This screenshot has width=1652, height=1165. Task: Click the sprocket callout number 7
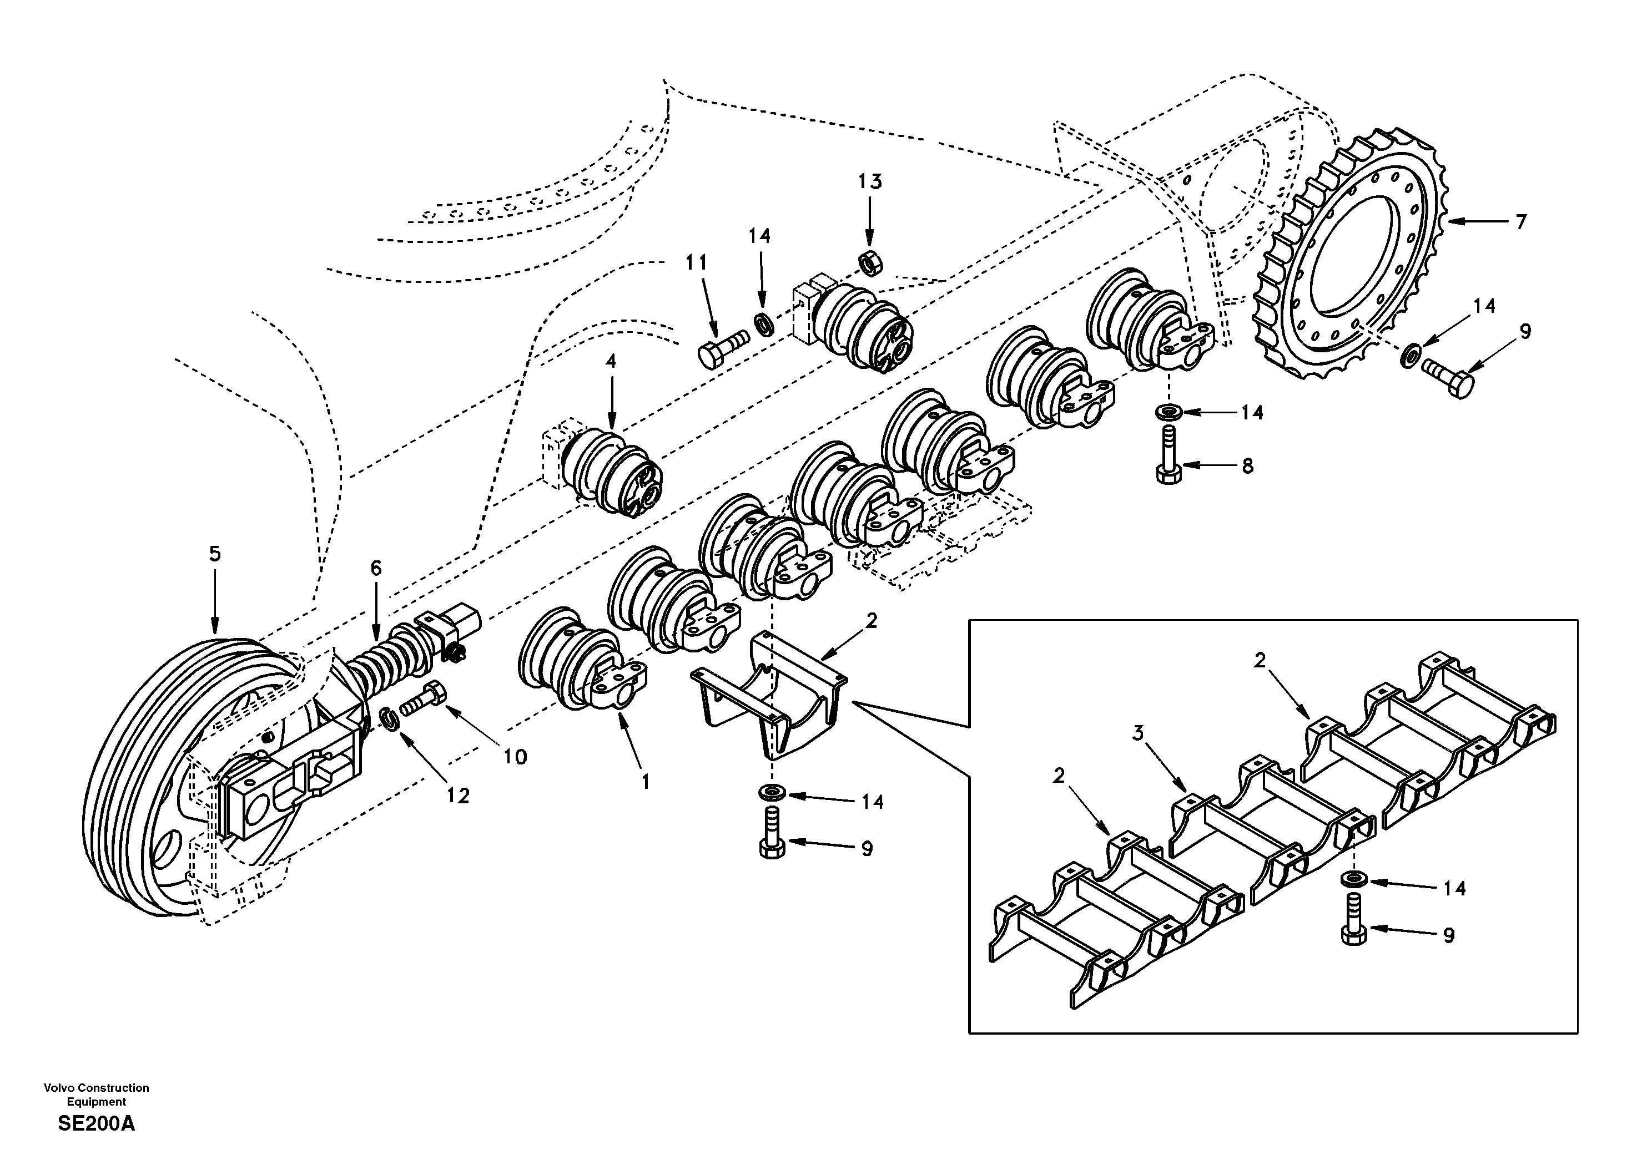pyautogui.click(x=1520, y=222)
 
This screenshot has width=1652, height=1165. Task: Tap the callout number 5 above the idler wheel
pyautogui.click(x=214, y=554)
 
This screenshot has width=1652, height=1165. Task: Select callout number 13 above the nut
pyautogui.click(x=869, y=182)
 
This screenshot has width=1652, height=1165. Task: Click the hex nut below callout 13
pyautogui.click(x=870, y=264)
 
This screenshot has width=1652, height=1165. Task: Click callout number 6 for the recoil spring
pyautogui.click(x=376, y=569)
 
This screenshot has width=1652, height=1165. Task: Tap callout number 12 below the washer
pyautogui.click(x=457, y=796)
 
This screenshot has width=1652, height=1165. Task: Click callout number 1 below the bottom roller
pyautogui.click(x=646, y=782)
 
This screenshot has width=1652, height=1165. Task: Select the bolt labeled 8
pyautogui.click(x=1169, y=456)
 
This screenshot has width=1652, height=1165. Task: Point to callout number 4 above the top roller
pyautogui.click(x=610, y=361)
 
